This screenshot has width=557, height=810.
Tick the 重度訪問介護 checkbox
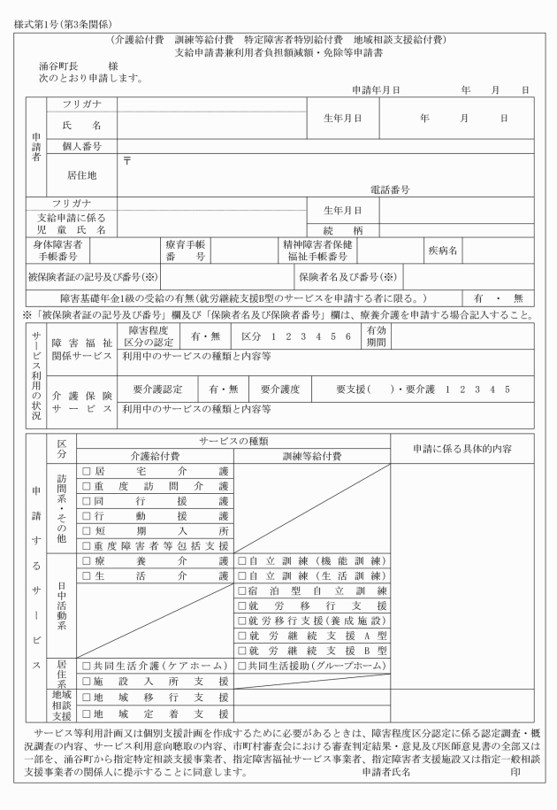[87, 486]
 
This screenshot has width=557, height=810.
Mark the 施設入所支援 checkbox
[87, 681]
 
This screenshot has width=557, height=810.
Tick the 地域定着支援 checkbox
[87, 712]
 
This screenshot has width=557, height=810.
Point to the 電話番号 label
[390, 189]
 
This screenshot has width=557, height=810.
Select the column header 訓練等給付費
[311, 456]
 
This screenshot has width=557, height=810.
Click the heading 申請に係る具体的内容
[462, 448]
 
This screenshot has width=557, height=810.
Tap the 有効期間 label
[377, 337]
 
